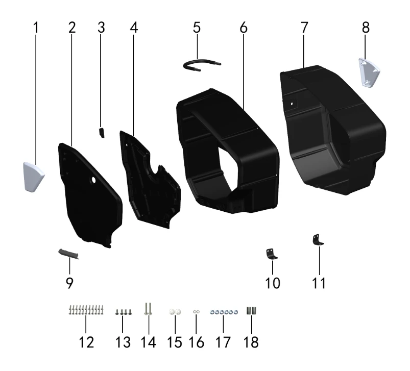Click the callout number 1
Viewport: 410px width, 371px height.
36,28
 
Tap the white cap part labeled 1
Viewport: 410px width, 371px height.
34,177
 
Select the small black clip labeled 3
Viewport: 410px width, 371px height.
102,133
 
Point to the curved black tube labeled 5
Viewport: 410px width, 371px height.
201,64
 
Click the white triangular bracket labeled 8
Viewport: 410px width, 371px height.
369,72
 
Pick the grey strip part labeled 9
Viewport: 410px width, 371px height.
68,254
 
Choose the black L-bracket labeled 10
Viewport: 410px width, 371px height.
272,254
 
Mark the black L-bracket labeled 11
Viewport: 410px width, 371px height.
318,240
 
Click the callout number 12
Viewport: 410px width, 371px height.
86,342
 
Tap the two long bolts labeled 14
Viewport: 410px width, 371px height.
148,309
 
